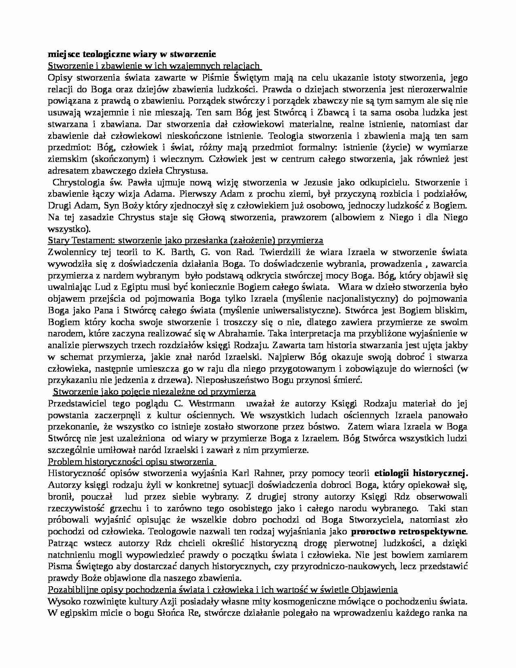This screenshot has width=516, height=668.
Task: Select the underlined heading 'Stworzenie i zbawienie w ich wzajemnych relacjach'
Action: pyautogui.click(x=154, y=66)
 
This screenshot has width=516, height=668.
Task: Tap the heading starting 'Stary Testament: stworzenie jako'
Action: pyautogui.click(x=185, y=240)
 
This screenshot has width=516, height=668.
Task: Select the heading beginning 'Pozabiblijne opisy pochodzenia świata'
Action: pyautogui.click(x=223, y=589)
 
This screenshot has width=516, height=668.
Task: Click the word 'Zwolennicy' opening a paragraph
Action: pyautogui.click(x=71, y=252)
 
